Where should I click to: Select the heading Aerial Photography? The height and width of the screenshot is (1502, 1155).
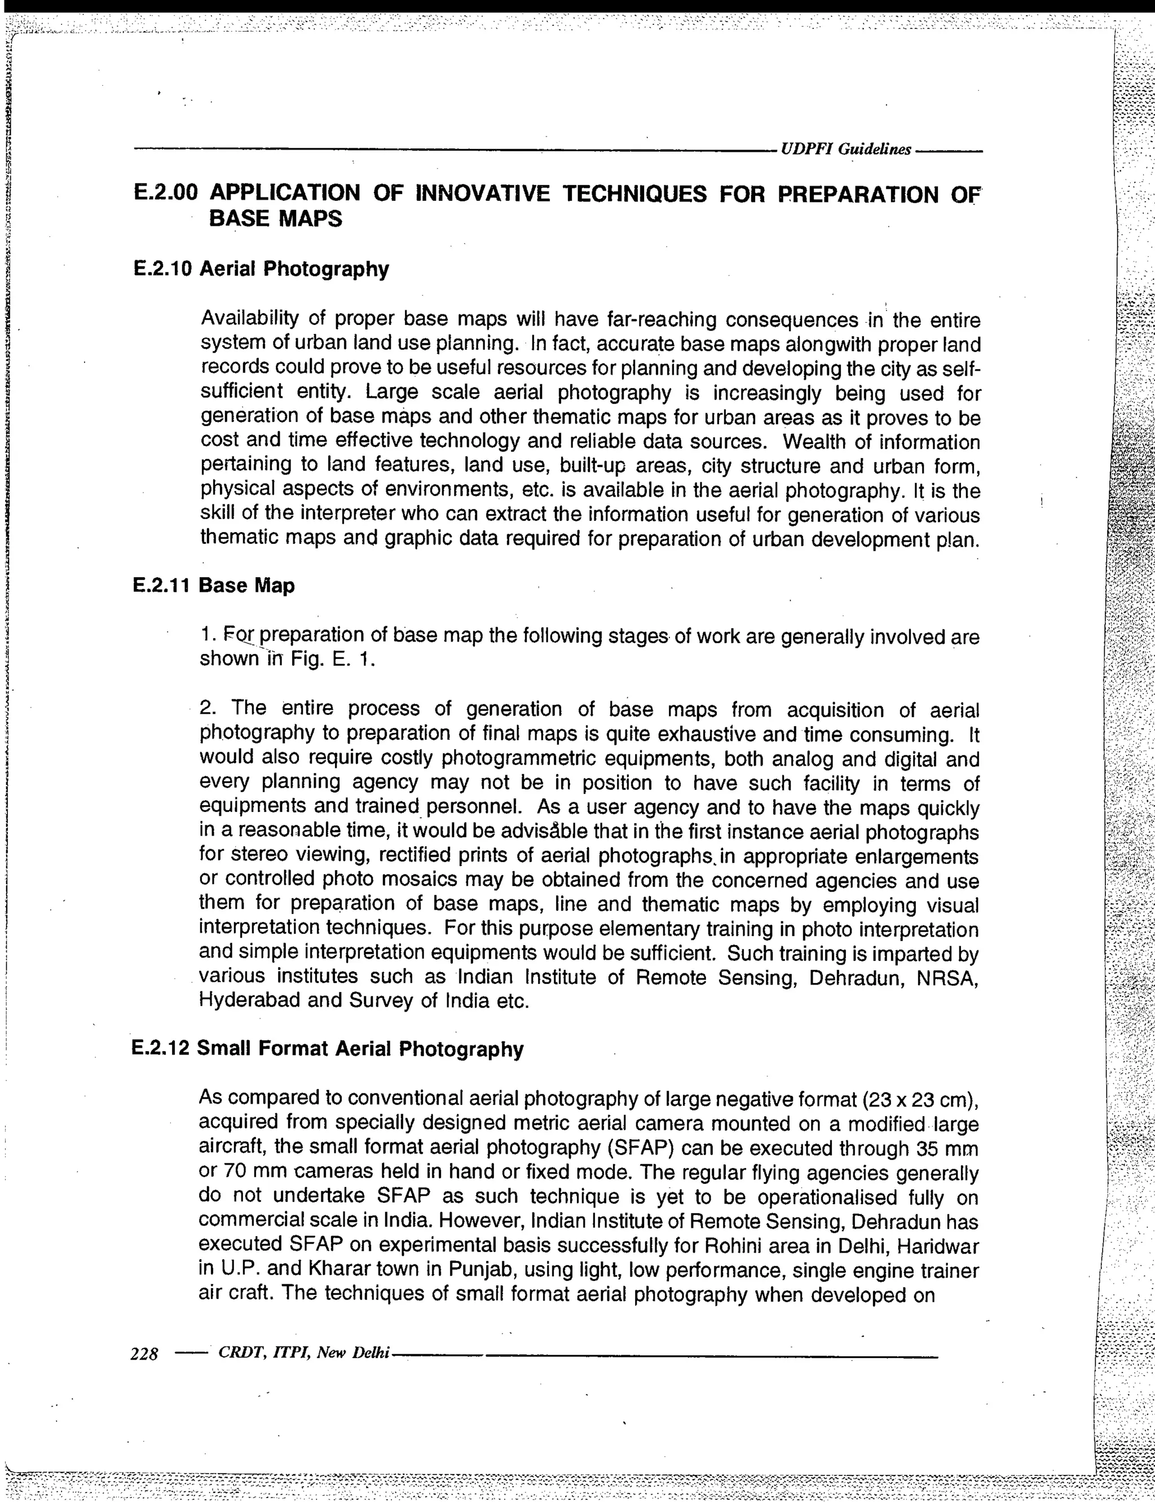pyautogui.click(x=294, y=269)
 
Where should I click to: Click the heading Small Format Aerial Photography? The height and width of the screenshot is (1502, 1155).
pyautogui.click(x=360, y=1049)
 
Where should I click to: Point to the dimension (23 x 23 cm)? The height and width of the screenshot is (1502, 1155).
pyautogui.click(x=919, y=1100)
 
